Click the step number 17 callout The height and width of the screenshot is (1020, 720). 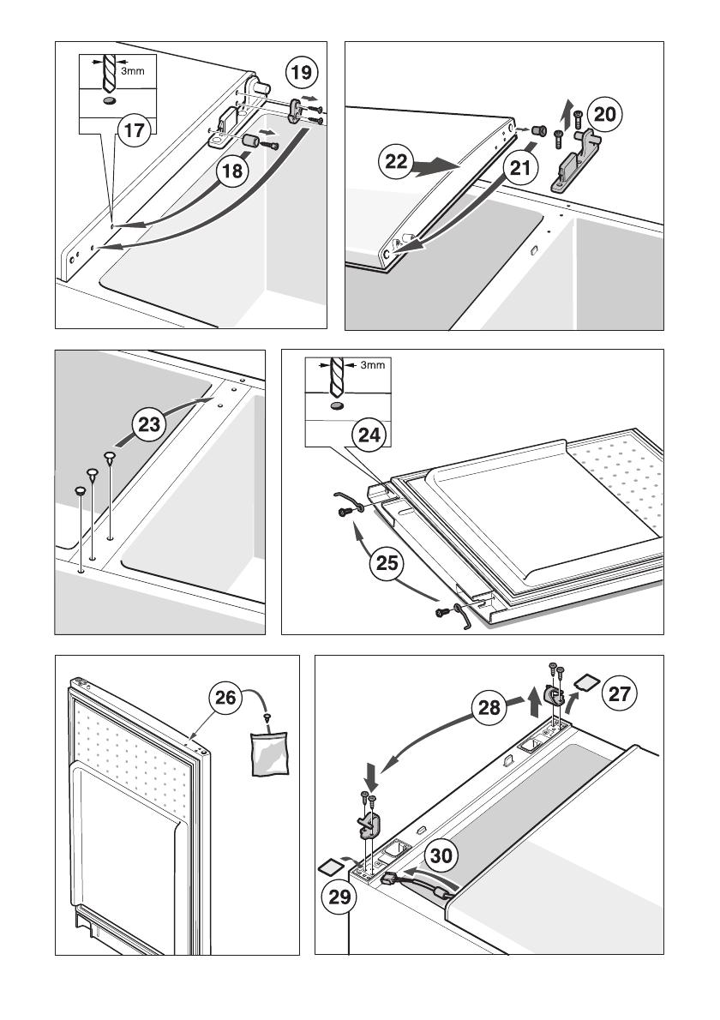(134, 130)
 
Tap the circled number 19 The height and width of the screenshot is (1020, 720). (301, 72)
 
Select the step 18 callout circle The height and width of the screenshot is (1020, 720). (233, 171)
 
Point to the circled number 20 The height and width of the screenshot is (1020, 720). (605, 115)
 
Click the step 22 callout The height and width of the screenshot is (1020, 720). (395, 161)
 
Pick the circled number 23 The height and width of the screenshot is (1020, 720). (149, 425)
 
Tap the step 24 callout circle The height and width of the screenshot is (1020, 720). (369, 435)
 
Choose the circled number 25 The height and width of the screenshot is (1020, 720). (387, 562)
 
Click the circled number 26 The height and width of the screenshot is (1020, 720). (225, 698)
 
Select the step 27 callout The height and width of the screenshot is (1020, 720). (619, 693)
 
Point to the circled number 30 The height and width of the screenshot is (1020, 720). (441, 855)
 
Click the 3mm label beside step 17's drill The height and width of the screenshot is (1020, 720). (133, 70)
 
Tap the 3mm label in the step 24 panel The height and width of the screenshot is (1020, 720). (372, 365)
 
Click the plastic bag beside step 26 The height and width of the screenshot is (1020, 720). (268, 753)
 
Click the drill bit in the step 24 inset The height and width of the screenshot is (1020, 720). (335, 377)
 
